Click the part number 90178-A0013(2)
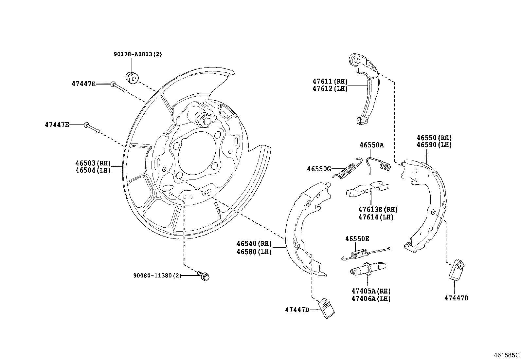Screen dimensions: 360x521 click(138, 54)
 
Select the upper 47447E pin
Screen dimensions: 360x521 click(118, 87)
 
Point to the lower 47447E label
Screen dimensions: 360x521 click(57, 125)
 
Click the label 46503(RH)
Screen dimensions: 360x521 click(93, 163)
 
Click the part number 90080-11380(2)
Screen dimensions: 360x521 click(157, 276)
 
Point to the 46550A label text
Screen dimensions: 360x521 click(371, 145)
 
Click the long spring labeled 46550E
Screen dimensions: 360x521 click(363, 253)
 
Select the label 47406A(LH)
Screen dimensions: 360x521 click(371, 299)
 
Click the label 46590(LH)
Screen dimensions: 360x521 click(434, 145)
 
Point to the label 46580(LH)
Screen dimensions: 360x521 click(254, 253)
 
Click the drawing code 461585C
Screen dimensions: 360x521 click(507, 355)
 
